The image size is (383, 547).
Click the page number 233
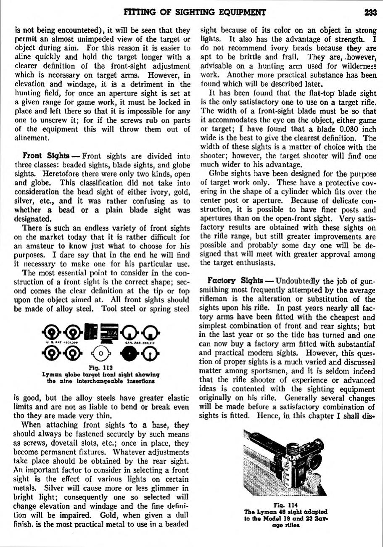pyautogui.click(x=370, y=13)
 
